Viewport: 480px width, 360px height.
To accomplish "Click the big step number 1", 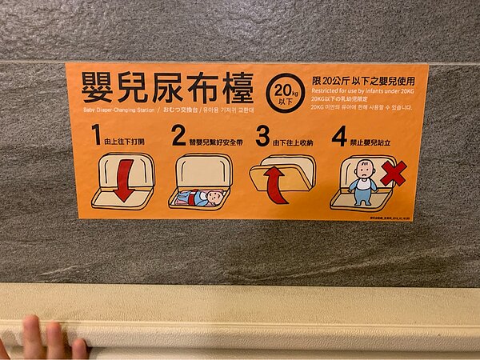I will coord(96,135).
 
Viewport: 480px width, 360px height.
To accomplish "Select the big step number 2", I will coord(178,135).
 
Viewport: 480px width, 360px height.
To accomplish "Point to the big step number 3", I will coord(262,135).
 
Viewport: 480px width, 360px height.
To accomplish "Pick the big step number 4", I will coord(339,135).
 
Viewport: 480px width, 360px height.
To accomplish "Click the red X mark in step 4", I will coord(393,173).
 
